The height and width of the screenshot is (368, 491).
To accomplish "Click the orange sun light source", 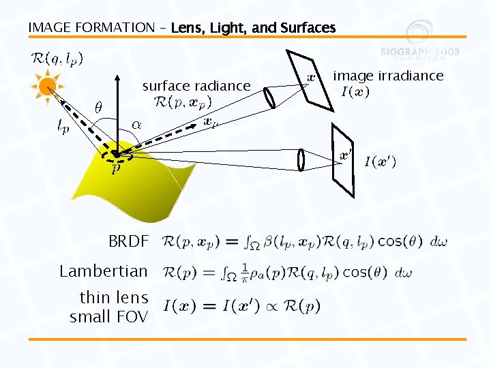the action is click(46, 86).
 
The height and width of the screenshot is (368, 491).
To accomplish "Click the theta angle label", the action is click(98, 108).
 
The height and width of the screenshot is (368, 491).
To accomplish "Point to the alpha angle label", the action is click(136, 125).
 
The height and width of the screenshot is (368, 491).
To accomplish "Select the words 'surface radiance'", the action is click(196, 86).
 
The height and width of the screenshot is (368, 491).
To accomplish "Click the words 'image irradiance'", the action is click(388, 76).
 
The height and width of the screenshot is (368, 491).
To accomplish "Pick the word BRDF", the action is click(128, 241).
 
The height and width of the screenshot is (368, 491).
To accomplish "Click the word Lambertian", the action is click(104, 271).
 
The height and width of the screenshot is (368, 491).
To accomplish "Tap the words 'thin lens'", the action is click(114, 298).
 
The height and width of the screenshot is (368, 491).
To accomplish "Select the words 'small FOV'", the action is click(108, 316).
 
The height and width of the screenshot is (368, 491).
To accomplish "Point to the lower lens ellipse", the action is click(300, 159).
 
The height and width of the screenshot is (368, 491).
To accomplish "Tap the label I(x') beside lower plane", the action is click(380, 162).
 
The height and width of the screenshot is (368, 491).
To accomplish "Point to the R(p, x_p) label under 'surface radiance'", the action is click(183, 103).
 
